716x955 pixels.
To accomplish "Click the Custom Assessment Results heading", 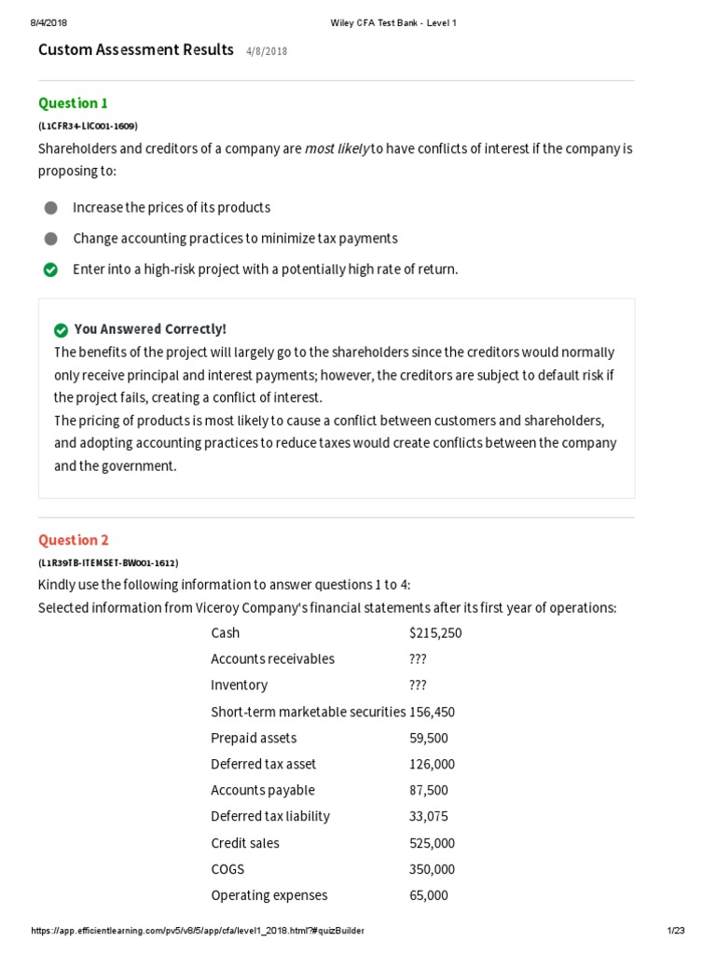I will click(x=135, y=50).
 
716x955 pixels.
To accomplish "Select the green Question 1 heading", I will click(x=73, y=103).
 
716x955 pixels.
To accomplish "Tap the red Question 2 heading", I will click(x=74, y=540).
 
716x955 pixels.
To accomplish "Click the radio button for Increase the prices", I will click(x=50, y=208).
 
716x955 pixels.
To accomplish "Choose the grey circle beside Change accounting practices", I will click(x=50, y=239).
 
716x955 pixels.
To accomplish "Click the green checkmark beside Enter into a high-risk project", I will click(x=50, y=270).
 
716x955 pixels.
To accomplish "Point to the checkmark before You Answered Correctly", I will click(x=62, y=330).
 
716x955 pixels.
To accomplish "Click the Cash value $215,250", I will click(x=435, y=633).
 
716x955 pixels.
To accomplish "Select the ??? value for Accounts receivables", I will click(x=418, y=659).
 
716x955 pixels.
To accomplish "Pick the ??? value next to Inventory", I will click(x=418, y=685).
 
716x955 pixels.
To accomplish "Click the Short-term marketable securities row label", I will click(x=308, y=712).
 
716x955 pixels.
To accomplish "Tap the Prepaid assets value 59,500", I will click(x=429, y=738).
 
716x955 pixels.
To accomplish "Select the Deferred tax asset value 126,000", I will click(x=432, y=764).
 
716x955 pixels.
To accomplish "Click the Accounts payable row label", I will click(x=263, y=790).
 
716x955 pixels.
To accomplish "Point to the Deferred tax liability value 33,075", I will click(x=429, y=816).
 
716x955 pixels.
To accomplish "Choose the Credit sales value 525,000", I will click(x=432, y=843).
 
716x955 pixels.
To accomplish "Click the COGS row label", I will click(x=227, y=869).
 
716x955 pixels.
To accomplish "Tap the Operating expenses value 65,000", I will click(x=429, y=895).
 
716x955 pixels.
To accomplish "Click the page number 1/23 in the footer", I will click(x=675, y=931).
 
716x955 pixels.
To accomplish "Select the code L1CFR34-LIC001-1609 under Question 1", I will click(x=88, y=126).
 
